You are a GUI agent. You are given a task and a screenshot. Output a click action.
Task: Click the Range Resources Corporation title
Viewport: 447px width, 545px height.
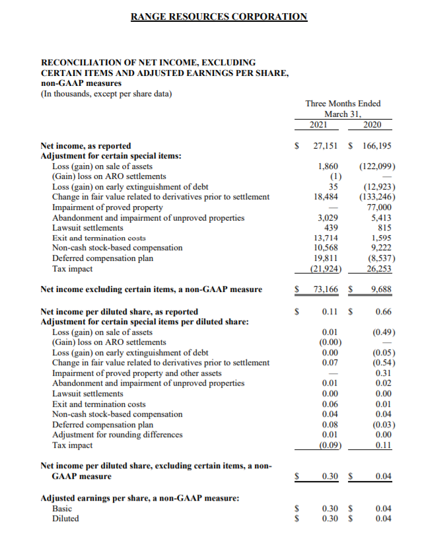(x=219, y=17)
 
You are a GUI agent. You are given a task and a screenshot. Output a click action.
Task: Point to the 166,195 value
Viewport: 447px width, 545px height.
(x=377, y=145)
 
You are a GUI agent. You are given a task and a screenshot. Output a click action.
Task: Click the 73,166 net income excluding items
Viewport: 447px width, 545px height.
(x=326, y=289)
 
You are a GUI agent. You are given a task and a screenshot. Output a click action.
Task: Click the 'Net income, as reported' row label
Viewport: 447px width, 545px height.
(x=86, y=145)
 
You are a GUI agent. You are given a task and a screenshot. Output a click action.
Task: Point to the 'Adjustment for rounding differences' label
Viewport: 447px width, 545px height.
(x=117, y=434)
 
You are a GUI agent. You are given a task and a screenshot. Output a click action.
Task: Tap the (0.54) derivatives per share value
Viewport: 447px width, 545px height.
(x=382, y=362)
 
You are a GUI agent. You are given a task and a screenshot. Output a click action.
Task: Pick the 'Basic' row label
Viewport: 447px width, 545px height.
(x=62, y=509)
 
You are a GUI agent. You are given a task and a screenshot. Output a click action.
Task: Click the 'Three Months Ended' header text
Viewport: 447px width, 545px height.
(x=343, y=103)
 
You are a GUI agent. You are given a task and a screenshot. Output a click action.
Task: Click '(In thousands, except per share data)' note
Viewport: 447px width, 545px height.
(x=106, y=93)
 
